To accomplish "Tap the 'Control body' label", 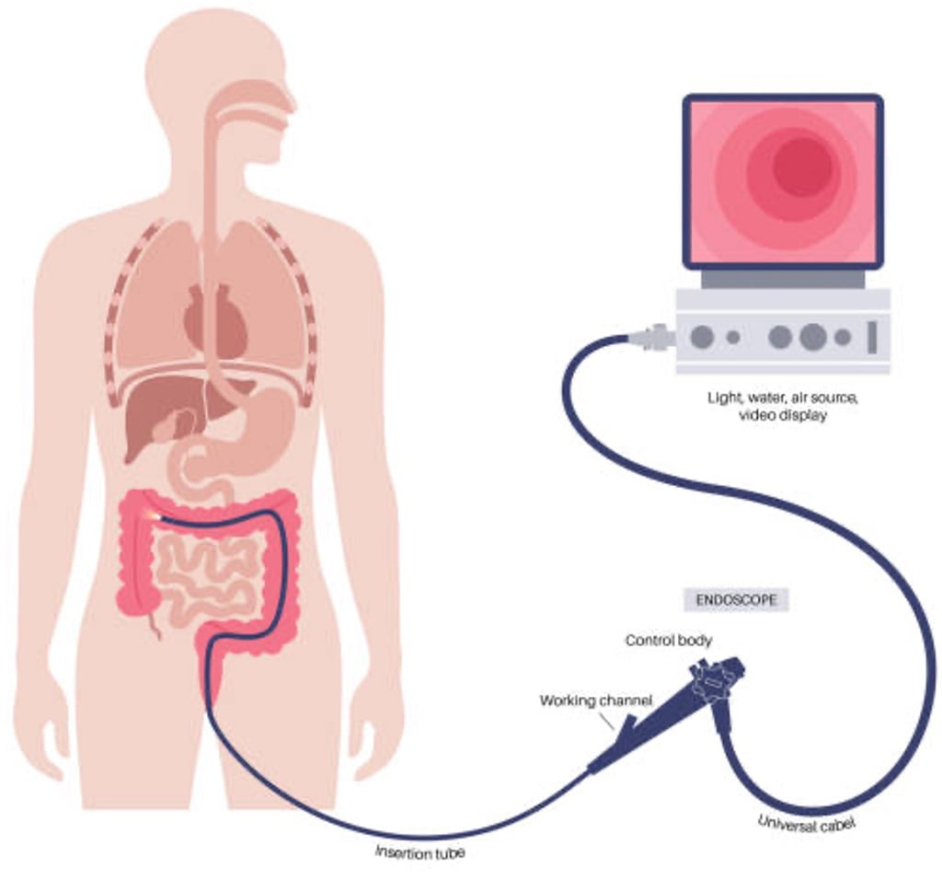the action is [668, 640].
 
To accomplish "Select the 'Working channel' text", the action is [595, 701].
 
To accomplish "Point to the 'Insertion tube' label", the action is [419, 851].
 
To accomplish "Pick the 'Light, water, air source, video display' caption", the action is [782, 407].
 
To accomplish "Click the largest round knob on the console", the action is [812, 338].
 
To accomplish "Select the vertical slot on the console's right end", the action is [871, 337].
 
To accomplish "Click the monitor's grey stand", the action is [782, 278].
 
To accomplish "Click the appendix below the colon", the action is [154, 626].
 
